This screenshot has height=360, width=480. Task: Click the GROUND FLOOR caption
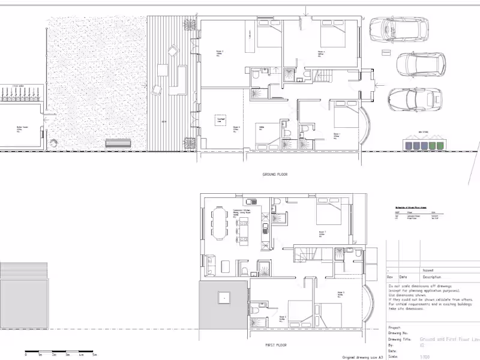[275, 175]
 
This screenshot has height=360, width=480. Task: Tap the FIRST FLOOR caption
[276, 345]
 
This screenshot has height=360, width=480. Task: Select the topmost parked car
[399, 28]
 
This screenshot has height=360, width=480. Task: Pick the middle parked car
[421, 63]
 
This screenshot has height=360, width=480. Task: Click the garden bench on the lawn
[118, 143]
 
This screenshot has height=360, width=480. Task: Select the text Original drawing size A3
[361, 356]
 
